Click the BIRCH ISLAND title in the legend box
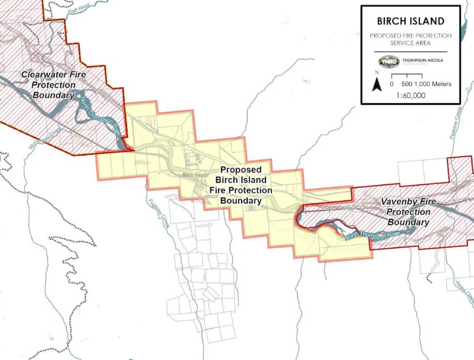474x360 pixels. (411, 21)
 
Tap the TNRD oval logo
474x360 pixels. (388, 62)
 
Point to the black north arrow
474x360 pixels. (377, 85)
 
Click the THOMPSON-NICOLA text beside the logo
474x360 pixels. (422, 60)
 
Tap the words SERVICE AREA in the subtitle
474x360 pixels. (411, 43)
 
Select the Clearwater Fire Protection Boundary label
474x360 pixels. (54, 85)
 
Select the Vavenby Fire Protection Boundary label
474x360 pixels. (408, 212)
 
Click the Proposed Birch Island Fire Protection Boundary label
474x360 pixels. (241, 185)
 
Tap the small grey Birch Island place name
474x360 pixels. (195, 175)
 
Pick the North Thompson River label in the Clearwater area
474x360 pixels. (99, 118)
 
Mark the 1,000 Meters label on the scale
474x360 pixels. (433, 84)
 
